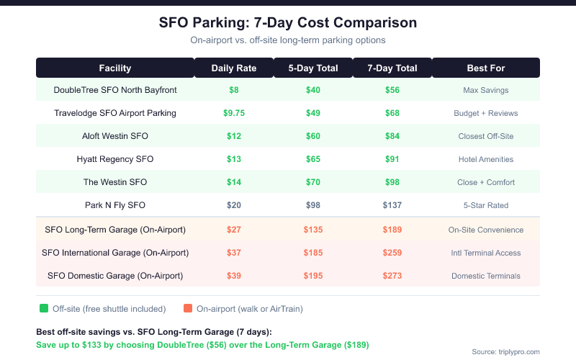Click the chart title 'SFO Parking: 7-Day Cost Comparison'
tap(288, 22)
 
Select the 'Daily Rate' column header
tap(233, 68)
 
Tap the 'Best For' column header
tap(485, 68)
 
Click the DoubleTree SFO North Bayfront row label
tap(115, 90)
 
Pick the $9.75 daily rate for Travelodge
tap(233, 113)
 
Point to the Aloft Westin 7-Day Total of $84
tap(392, 136)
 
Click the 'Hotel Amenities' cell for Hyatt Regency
tap(485, 159)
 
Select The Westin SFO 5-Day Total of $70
tap(312, 182)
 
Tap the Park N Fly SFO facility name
tap(115, 205)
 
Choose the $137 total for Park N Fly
tap(392, 205)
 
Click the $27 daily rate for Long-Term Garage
tap(233, 230)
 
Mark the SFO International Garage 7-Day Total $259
tap(392, 253)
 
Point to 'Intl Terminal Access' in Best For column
tap(485, 253)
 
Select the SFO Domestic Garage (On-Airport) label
tap(115, 276)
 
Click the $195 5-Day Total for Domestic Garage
tap(312, 276)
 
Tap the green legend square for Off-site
tap(44, 309)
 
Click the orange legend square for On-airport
tap(188, 309)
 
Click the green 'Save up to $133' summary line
tap(202, 346)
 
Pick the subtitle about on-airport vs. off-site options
tap(288, 40)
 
